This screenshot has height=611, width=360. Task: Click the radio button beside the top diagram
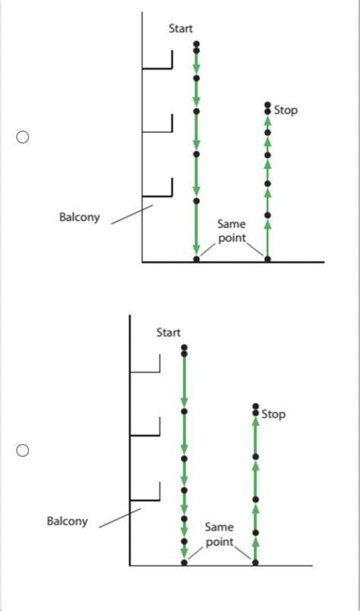pos(23,138)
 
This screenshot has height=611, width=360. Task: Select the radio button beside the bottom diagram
pos(23,451)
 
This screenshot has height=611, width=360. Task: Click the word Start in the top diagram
pos(181,28)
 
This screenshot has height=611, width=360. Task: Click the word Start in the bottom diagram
pos(169,332)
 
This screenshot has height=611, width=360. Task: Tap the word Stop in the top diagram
pos(286,110)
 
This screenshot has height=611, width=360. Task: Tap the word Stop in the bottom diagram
pos(273,414)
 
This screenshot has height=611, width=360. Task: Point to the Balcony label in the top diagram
pos(79,218)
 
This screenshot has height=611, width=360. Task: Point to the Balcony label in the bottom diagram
pos(67,521)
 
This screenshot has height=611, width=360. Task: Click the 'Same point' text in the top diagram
pos(231,231)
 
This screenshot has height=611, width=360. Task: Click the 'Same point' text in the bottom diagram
pos(219,534)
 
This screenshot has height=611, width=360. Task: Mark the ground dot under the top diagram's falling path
pos(196,260)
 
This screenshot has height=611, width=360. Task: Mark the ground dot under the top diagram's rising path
pos(267,260)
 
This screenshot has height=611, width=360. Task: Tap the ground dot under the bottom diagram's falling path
pos(184,563)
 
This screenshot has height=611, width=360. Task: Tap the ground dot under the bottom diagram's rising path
pos(255,563)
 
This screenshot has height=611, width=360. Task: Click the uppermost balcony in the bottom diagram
pos(146,371)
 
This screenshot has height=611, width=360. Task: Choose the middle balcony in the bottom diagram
pos(146,434)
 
